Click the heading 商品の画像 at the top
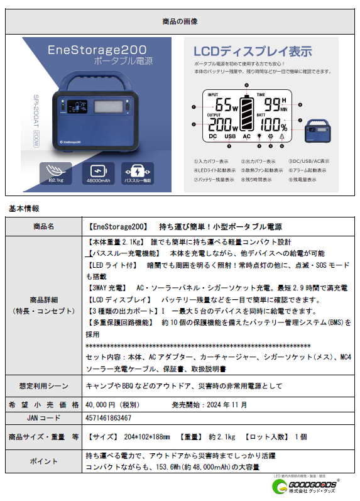(180, 21)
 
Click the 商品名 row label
(43, 226)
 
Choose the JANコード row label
(43, 417)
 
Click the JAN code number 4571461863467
(108, 417)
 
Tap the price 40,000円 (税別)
(108, 405)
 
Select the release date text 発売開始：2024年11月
(209, 405)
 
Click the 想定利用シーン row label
(43, 385)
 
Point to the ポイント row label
(43, 461)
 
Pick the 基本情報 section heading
(23, 207)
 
